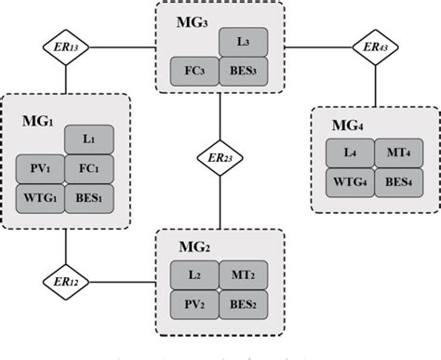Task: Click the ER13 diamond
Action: tap(65, 45)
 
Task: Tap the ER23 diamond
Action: tap(220, 158)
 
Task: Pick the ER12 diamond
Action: tap(65, 281)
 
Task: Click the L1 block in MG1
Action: tap(88, 140)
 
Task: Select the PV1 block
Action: tap(40, 169)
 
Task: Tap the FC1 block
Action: tap(88, 169)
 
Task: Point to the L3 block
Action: tap(244, 42)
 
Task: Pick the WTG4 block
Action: tap(350, 181)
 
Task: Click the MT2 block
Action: tap(244, 276)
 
